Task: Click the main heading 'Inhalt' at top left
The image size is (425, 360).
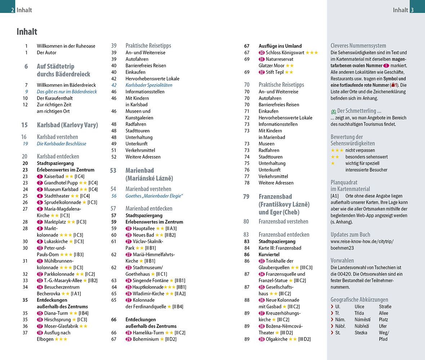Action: point(27,32)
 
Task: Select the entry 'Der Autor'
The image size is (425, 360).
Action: point(47,53)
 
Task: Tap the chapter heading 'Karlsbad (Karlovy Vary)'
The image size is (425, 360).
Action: point(67,125)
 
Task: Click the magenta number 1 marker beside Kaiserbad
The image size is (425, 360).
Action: point(40,176)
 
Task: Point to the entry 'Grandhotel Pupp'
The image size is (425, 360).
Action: point(61,183)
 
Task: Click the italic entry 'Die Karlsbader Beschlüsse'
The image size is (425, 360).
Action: point(62,144)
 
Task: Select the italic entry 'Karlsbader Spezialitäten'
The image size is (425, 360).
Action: point(149,85)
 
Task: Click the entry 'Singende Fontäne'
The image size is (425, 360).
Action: point(151,280)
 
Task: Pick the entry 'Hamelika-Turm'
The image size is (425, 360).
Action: point(149,333)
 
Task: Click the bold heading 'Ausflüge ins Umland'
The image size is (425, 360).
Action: point(280,46)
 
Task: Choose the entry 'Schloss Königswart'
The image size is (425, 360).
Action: point(285,53)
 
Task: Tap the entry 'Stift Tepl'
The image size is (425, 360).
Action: point(274,72)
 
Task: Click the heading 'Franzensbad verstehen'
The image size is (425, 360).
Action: point(283,221)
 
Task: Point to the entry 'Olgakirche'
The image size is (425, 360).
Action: point(276,339)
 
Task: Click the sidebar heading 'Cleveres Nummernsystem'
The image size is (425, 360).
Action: point(358,46)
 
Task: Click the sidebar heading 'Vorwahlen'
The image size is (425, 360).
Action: point(342,261)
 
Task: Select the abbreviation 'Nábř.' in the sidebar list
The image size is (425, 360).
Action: point(340,326)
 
